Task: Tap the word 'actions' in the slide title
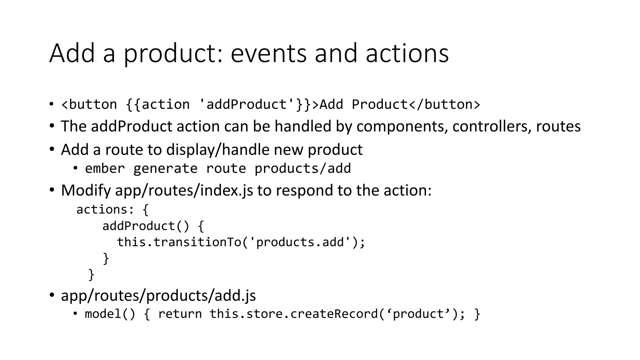click(407, 53)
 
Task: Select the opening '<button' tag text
click(89, 104)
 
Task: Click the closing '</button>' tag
click(444, 104)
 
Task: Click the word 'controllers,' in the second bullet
click(492, 127)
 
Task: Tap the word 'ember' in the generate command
click(105, 169)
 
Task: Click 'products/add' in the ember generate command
click(302, 169)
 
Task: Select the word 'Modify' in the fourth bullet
click(86, 190)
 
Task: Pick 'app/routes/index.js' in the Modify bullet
click(184, 190)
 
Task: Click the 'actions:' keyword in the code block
click(105, 209)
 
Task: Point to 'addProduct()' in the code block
click(146, 226)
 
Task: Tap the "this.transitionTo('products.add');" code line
click(241, 242)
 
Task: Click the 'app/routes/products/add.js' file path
click(158, 295)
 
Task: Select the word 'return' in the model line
click(180, 314)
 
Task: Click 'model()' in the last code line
click(110, 314)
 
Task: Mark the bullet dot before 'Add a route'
click(52, 149)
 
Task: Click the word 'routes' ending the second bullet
click(558, 127)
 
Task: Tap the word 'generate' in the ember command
click(165, 169)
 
